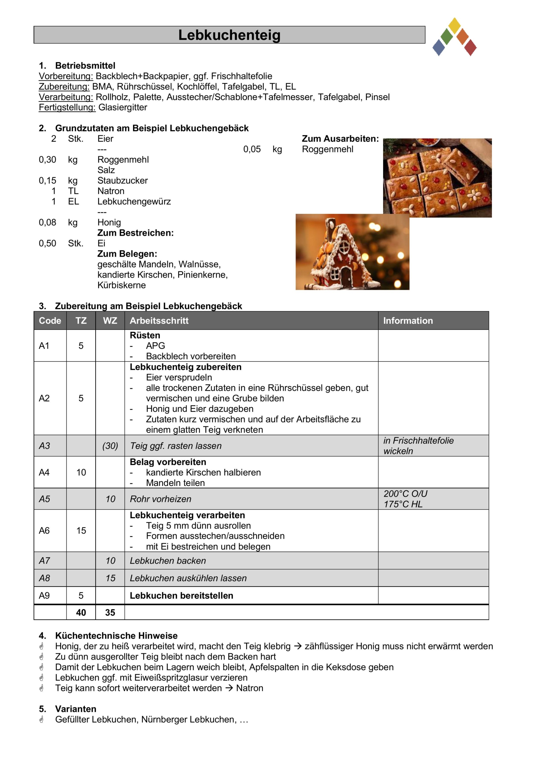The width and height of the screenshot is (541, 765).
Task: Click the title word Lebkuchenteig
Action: (229, 35)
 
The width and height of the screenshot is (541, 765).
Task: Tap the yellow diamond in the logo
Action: (454, 25)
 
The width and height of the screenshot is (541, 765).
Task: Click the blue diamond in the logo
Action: (439, 48)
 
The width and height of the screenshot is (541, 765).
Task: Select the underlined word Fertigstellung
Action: (67, 107)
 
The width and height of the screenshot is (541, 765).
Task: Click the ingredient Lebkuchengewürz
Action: (134, 202)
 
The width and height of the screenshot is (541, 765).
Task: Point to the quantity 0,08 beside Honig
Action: (47, 222)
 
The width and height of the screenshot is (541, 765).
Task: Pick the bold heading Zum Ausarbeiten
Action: (340, 139)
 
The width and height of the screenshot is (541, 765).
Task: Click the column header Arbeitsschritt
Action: (159, 321)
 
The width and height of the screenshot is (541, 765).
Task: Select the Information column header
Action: (408, 321)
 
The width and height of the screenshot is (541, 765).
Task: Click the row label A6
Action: (44, 530)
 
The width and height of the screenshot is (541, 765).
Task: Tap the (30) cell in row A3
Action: (110, 446)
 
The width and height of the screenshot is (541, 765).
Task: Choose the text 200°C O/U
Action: (405, 494)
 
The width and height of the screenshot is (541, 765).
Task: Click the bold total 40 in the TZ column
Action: (81, 612)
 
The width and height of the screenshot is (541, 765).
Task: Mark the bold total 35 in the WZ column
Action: (110, 612)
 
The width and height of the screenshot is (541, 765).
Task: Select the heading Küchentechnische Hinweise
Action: (116, 636)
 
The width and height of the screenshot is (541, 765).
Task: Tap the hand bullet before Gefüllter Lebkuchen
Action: (42, 720)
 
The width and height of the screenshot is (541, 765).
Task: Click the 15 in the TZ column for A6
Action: (81, 530)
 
